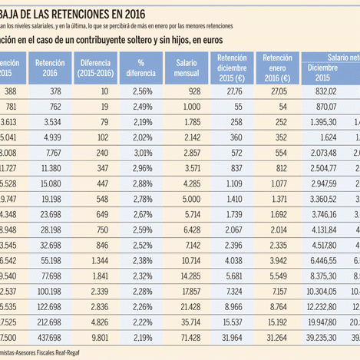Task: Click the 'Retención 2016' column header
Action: pyautogui.click(x=50, y=69)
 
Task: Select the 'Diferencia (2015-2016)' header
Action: pyautogui.click(x=97, y=69)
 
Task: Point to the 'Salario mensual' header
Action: pyautogui.click(x=187, y=69)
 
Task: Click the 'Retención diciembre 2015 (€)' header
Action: pyautogui.click(x=232, y=68)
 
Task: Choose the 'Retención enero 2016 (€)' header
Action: pyautogui.click(x=277, y=68)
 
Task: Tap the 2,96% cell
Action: pyautogui.click(x=145, y=168)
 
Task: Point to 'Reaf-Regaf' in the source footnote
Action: pyautogui.click(x=87, y=352)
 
